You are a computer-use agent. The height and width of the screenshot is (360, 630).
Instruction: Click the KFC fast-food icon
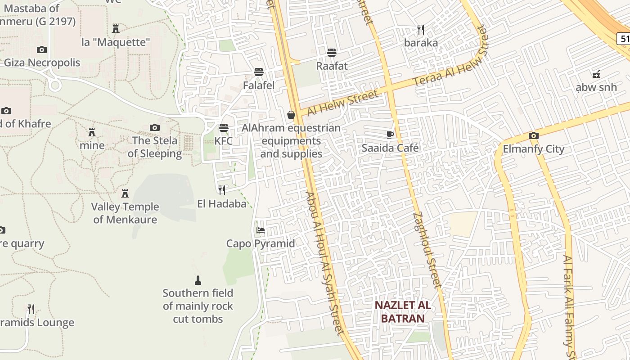[x=224, y=128]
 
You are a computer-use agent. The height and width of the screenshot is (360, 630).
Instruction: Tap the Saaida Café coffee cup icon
[x=390, y=135]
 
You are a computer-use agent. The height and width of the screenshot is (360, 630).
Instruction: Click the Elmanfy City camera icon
[x=533, y=135]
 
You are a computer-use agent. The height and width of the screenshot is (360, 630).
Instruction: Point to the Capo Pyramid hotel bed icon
[x=260, y=230]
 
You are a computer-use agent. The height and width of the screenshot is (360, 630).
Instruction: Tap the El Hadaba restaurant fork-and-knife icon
[x=221, y=190]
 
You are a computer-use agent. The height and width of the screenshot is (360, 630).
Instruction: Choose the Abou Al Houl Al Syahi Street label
[x=324, y=263]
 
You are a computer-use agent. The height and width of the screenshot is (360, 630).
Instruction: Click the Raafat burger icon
[x=332, y=53]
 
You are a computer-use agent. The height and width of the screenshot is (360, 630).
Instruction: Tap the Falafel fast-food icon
[x=258, y=72]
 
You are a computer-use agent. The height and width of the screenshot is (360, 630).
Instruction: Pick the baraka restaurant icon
[x=421, y=30]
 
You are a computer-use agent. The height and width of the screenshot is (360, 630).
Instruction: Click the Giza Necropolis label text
[x=42, y=63]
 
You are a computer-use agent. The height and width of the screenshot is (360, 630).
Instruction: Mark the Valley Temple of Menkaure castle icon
[x=125, y=193]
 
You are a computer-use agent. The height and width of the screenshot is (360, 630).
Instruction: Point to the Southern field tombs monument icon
[x=198, y=280]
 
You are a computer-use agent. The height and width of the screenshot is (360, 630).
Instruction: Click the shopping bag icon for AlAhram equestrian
[x=291, y=115]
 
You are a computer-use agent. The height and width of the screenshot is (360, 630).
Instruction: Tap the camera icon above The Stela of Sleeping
[x=155, y=128]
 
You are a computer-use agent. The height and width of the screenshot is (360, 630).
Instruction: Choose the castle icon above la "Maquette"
[x=116, y=29]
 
